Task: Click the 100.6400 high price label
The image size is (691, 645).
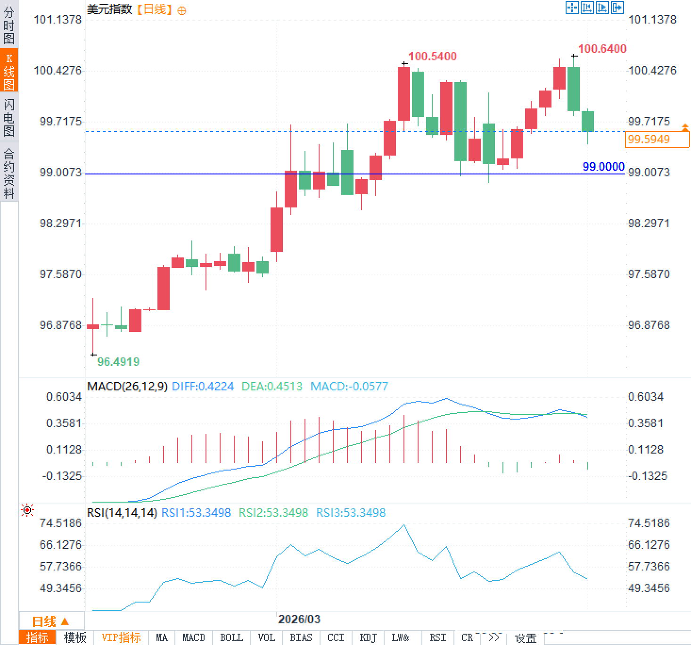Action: click(x=602, y=49)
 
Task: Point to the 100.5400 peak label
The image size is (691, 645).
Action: click(x=432, y=57)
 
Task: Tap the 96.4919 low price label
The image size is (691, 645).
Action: click(x=118, y=362)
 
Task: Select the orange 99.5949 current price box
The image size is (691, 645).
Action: click(x=657, y=140)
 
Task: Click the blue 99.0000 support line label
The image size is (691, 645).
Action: click(x=603, y=166)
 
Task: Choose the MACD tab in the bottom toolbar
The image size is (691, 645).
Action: click(x=193, y=638)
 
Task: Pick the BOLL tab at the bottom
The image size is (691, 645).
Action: click(x=231, y=638)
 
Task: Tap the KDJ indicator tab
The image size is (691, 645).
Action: click(x=368, y=638)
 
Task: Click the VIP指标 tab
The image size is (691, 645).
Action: click(x=121, y=638)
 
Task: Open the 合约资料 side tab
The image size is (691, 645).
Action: click(x=9, y=173)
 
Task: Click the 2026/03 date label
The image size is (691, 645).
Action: click(x=299, y=619)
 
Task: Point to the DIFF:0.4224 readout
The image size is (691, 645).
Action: click(x=203, y=387)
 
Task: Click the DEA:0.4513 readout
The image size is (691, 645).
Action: click(x=271, y=387)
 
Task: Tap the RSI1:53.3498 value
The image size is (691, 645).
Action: click(x=196, y=513)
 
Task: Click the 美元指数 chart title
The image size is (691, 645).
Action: click(x=109, y=9)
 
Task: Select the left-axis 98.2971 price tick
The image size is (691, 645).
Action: click(x=61, y=223)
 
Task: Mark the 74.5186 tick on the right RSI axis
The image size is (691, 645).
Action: click(x=649, y=523)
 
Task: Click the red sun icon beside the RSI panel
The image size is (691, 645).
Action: click(x=28, y=510)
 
